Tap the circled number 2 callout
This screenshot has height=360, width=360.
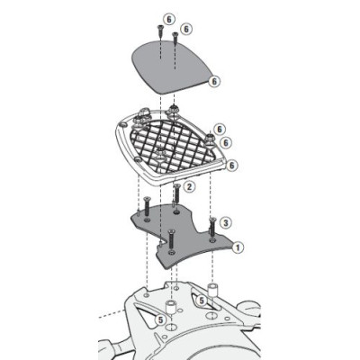tap(190, 186)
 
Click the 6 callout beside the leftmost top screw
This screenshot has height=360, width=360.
tap(168, 18)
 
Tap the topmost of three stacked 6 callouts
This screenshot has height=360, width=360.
tap(220, 129)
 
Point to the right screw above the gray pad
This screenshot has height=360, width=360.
tap(174, 40)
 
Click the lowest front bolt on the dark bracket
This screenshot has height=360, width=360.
tap(170, 240)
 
